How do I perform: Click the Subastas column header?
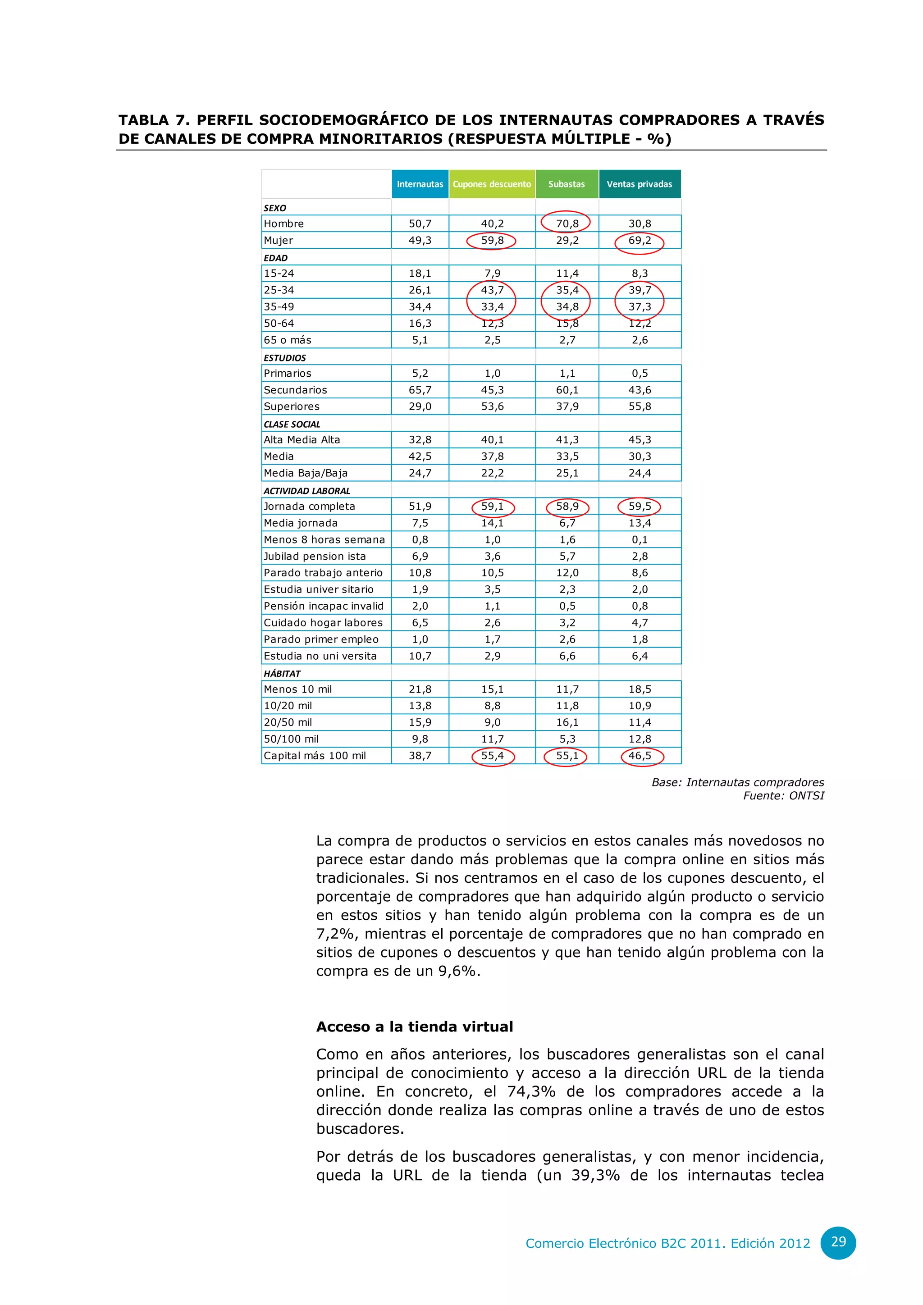566,184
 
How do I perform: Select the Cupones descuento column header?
492,184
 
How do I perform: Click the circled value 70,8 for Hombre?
567,224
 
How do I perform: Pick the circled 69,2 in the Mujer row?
640,241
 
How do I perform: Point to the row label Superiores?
292,406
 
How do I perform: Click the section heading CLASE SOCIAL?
292,424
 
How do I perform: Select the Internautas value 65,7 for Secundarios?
420,390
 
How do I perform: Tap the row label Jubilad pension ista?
315,556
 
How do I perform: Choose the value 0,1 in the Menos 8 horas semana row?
640,539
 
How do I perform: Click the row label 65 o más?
288,340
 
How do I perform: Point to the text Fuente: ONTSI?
783,796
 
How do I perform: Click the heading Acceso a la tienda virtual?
414,1027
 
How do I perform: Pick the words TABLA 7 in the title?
153,120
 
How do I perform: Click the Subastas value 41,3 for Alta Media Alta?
567,439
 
